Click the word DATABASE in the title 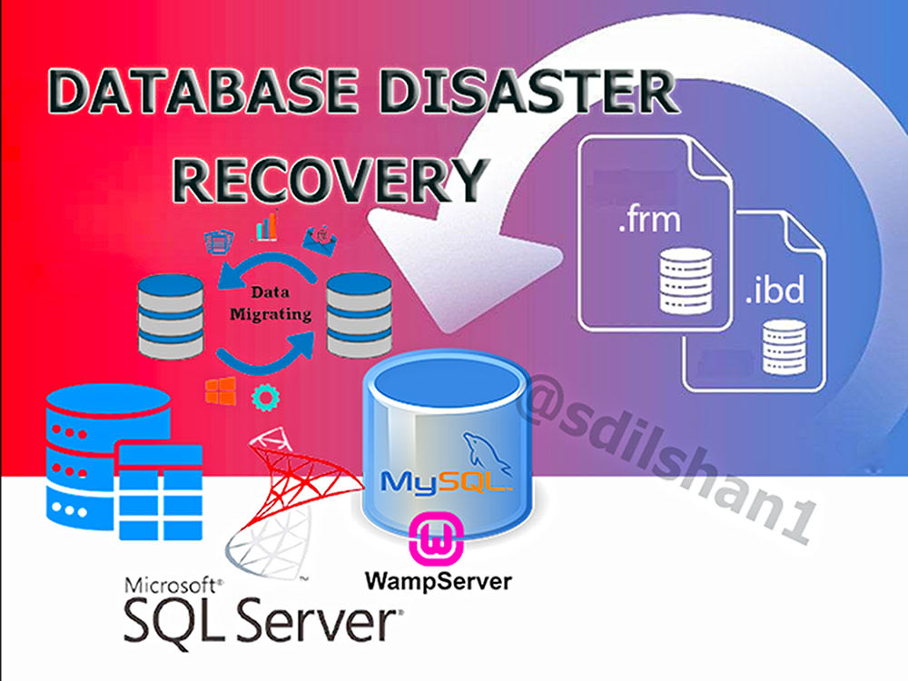202,91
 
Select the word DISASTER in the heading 529,91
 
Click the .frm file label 649,220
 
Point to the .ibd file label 775,290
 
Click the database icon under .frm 686,281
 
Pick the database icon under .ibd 785,346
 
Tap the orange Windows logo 221,390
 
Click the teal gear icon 266,398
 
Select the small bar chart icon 267,226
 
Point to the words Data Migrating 271,303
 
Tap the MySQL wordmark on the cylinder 446,482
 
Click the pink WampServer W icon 436,538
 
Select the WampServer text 439,581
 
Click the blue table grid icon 161,491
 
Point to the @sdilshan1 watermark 666,458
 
